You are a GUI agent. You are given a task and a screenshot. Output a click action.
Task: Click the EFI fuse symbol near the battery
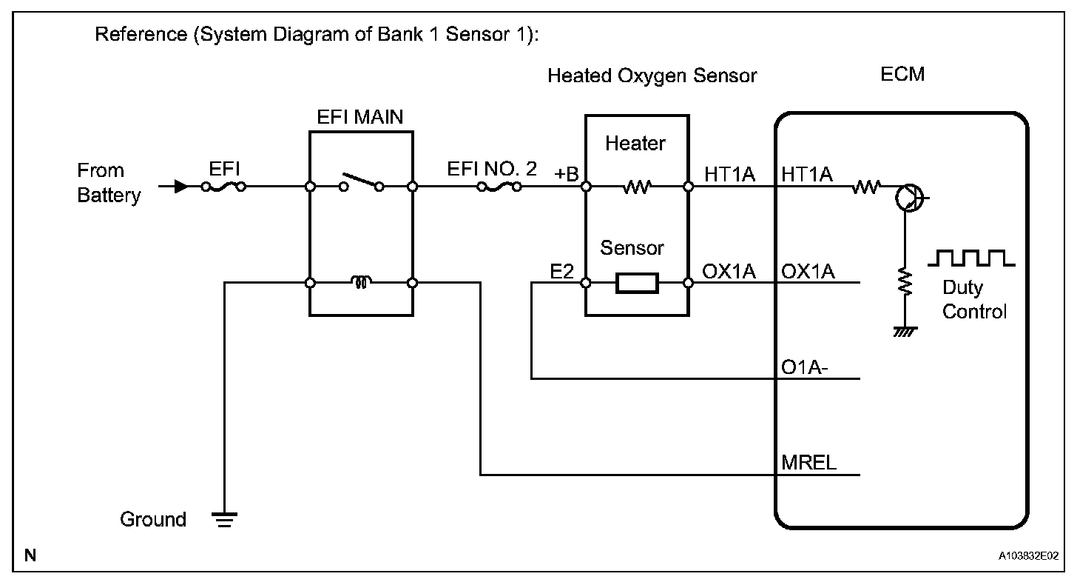223,187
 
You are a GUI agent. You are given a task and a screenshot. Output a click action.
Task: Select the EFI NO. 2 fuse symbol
499,187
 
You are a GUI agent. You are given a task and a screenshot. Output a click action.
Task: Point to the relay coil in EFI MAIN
361,281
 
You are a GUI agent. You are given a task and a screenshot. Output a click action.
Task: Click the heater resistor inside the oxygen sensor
637,187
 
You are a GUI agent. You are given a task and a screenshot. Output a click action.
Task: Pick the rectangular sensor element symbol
637,283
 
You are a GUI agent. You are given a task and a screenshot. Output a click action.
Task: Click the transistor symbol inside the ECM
910,198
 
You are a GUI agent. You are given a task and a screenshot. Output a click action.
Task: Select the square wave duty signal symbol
971,258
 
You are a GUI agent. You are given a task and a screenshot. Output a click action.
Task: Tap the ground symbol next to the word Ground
225,520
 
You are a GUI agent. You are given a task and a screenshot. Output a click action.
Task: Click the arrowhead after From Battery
181,187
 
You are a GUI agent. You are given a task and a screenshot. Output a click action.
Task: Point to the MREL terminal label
808,463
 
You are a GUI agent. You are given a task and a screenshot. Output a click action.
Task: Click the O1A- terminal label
804,367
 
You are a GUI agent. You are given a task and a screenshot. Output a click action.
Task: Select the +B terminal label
567,174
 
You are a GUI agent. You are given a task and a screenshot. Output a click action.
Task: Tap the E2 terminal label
561,272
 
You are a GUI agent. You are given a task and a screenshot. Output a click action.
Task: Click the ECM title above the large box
902,74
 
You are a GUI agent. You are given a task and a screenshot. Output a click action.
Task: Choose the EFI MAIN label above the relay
360,117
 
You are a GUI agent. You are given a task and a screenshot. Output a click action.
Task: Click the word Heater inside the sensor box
635,144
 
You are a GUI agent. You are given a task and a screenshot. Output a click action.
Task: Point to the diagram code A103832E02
1028,556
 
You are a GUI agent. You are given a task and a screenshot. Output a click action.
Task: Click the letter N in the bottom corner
30,555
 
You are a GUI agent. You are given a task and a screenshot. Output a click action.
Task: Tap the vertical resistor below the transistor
905,281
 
